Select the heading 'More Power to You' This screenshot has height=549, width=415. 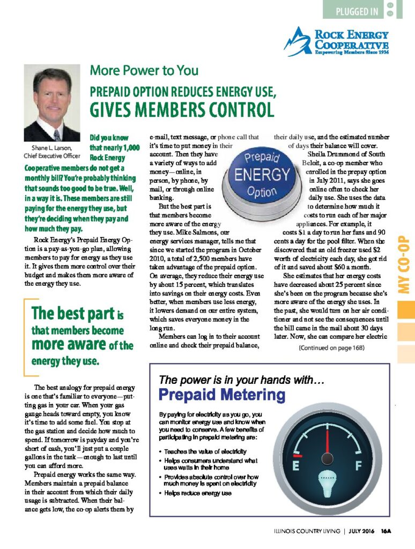144,70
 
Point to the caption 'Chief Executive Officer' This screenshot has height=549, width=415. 52,156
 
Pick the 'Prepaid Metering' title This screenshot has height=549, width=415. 222,395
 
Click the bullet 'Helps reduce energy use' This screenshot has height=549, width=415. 198,493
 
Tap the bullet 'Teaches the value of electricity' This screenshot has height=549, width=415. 205,451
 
